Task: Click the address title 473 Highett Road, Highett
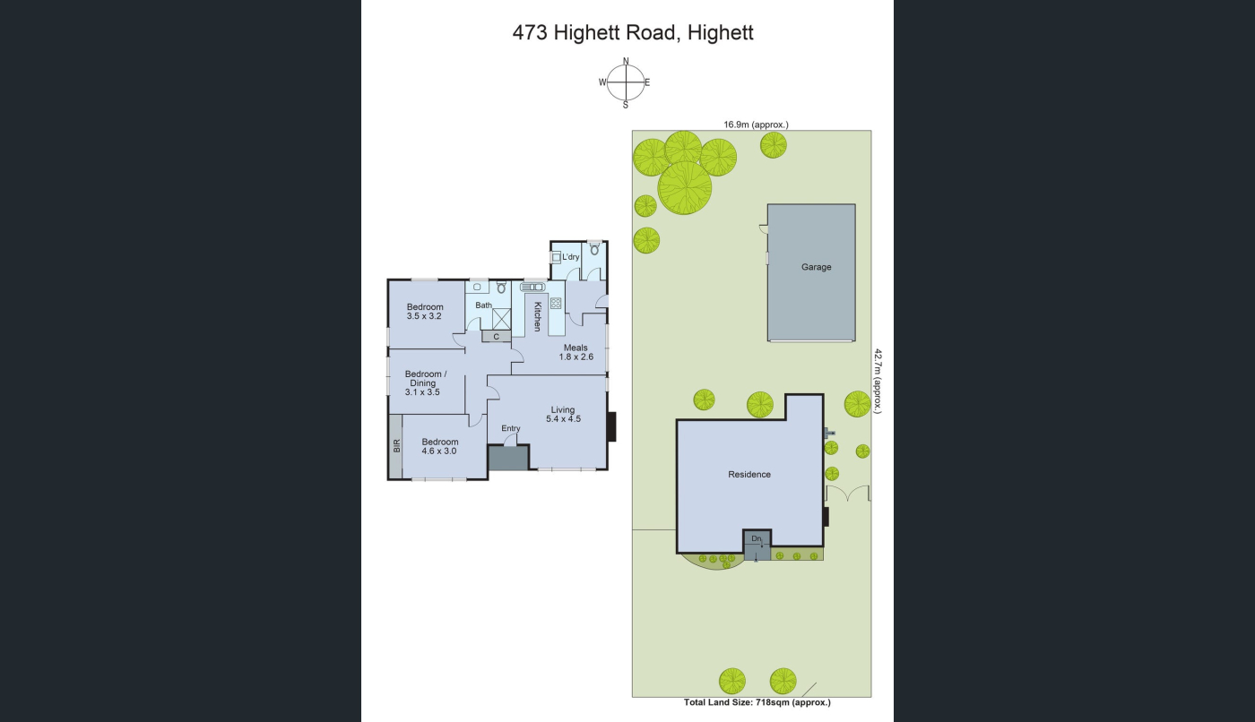click(x=633, y=33)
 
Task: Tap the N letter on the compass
click(x=626, y=61)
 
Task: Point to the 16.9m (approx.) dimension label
click(x=756, y=125)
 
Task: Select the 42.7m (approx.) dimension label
click(x=878, y=381)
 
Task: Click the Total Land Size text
click(x=757, y=702)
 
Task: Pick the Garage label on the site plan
click(x=816, y=268)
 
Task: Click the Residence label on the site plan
click(x=749, y=475)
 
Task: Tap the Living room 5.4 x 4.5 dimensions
click(x=563, y=419)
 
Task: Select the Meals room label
click(x=576, y=348)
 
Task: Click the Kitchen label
click(x=537, y=317)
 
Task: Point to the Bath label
click(x=483, y=305)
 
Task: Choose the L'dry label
click(x=570, y=257)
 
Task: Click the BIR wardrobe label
click(x=396, y=446)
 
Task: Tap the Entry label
click(x=510, y=428)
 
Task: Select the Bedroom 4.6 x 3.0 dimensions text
click(x=438, y=451)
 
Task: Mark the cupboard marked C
click(x=496, y=337)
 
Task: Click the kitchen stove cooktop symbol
click(x=556, y=304)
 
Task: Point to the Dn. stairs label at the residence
click(x=757, y=538)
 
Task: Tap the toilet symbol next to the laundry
click(x=594, y=248)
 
